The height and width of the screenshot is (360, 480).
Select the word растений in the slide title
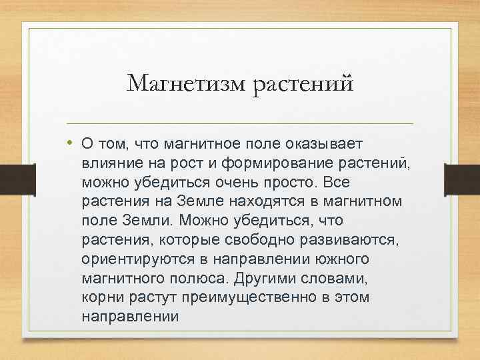coord(301,85)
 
